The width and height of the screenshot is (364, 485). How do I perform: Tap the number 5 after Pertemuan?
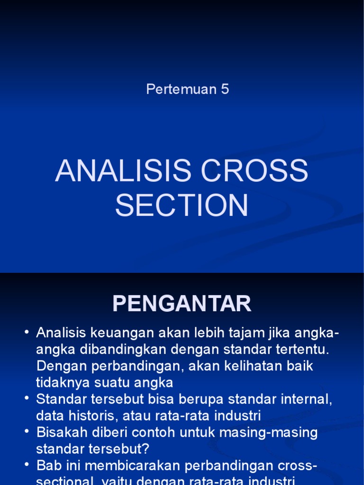[225, 89]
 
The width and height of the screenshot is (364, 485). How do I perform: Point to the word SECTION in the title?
[182, 205]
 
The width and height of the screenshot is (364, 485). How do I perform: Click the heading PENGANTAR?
[182, 304]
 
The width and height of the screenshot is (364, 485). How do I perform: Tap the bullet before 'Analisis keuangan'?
[27, 333]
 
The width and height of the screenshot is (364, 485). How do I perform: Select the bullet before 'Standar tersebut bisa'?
[27, 399]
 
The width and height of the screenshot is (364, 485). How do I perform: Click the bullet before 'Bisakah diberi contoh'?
[27, 432]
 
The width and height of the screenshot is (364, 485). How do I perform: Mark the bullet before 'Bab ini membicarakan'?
[27, 466]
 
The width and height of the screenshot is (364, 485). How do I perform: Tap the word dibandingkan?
[122, 350]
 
